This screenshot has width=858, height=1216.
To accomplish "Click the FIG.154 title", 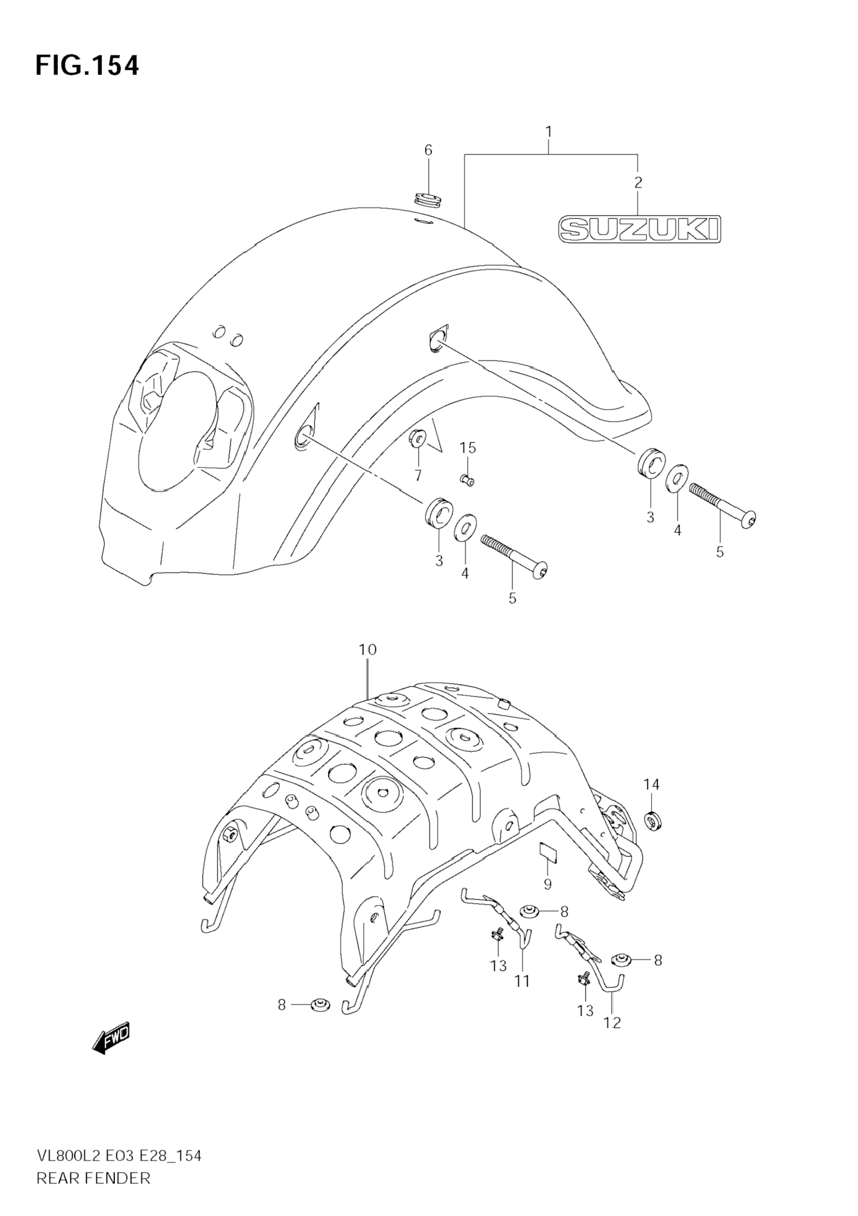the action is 88,66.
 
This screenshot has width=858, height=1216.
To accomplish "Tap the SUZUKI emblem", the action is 640,229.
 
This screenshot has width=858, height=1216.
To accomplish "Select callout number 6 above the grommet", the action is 428,150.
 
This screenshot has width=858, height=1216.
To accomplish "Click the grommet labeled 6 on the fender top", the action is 428,200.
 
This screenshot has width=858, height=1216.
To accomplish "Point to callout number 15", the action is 468,448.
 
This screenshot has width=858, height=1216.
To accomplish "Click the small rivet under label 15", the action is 467,480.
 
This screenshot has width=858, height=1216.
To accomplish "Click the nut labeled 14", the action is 653,821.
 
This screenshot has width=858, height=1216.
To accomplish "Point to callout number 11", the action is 522,982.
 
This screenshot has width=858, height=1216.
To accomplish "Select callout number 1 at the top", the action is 549,131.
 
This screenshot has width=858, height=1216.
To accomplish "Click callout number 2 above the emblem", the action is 638,182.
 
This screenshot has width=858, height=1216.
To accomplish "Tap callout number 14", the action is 652,784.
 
